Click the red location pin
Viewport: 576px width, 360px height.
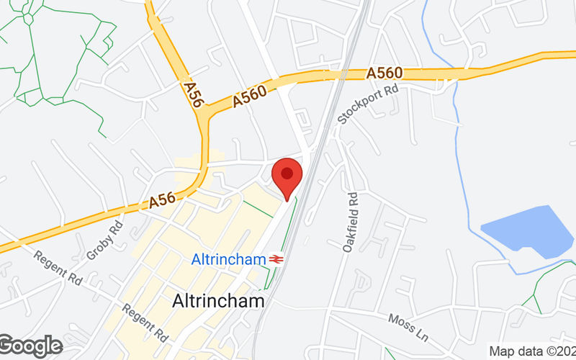click(x=287, y=177)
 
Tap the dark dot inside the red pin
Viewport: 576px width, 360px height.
click(x=287, y=173)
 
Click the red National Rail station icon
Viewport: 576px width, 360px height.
click(x=276, y=259)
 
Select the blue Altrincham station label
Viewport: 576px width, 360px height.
click(x=229, y=259)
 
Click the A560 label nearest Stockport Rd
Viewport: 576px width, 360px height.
click(x=384, y=73)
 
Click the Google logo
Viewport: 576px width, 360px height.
click(x=30, y=346)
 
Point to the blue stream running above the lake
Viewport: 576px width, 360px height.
click(x=455, y=108)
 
